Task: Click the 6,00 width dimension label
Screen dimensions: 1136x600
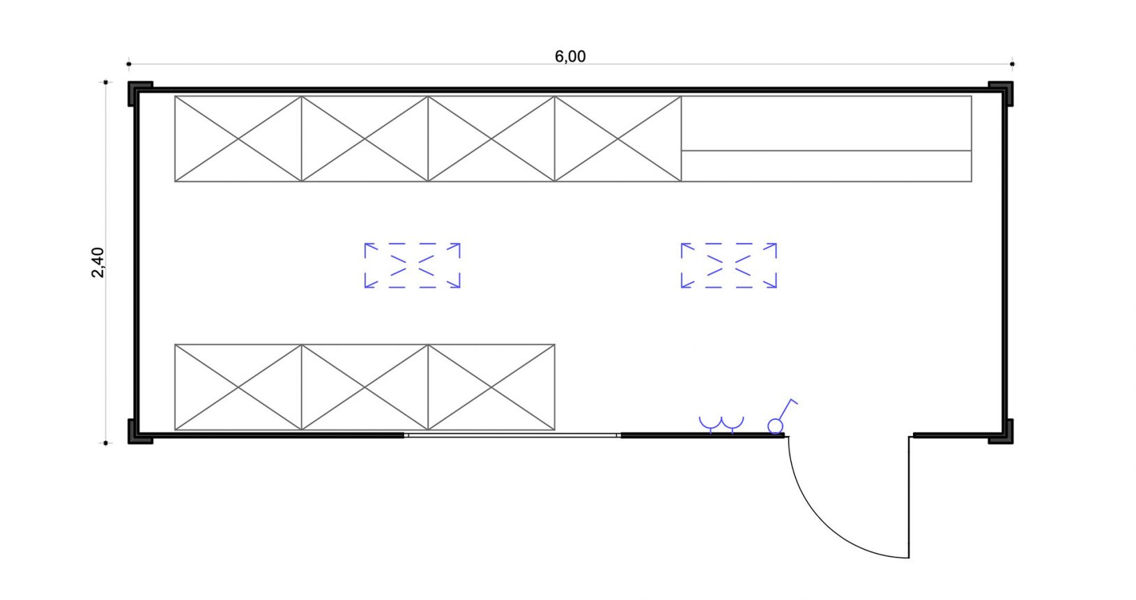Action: [x=570, y=57]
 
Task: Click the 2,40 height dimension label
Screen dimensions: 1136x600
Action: [x=98, y=262]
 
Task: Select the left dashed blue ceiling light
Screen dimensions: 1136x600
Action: [x=413, y=266]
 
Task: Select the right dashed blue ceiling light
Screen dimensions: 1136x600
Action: [x=729, y=266]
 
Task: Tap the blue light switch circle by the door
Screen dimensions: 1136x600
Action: [x=775, y=426]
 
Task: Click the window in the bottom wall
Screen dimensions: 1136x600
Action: [x=512, y=435]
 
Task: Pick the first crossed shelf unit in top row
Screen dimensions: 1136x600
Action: [x=238, y=139]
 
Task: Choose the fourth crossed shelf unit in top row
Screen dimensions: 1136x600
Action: [x=617, y=139]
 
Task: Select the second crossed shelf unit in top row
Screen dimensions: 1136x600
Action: [x=364, y=139]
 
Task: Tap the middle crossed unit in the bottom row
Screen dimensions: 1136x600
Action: [x=364, y=387]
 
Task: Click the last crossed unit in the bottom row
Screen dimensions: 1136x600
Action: [x=491, y=387]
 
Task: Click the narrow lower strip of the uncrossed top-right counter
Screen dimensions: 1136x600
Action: [x=826, y=166]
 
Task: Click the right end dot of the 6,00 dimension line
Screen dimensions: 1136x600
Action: [x=1012, y=64]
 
